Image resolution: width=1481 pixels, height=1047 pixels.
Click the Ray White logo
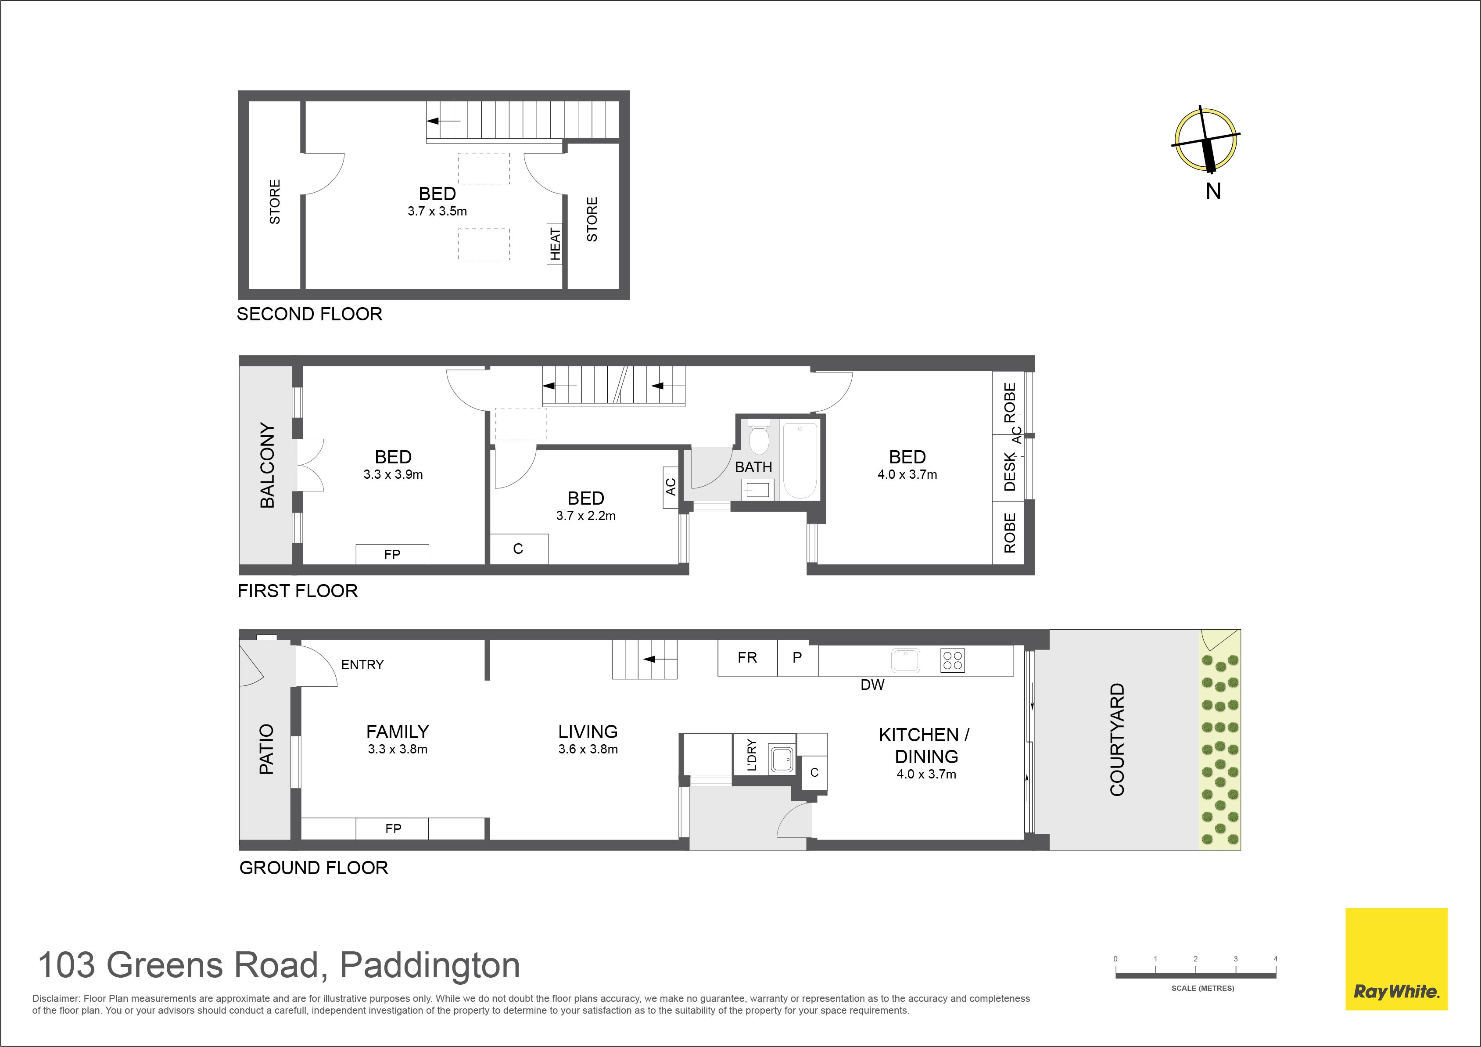click(x=1396, y=959)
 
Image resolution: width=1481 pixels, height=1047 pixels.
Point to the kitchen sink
click(x=906, y=660)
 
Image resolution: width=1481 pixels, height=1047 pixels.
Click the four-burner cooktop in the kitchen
click(x=953, y=660)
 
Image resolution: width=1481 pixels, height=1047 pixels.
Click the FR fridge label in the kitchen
click(x=748, y=657)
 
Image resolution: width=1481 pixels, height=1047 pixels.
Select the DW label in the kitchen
click(x=873, y=685)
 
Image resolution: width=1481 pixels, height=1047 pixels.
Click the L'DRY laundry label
click(x=751, y=755)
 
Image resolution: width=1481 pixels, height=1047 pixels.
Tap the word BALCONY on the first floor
click(x=267, y=465)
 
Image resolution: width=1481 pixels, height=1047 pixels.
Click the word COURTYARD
click(x=1117, y=739)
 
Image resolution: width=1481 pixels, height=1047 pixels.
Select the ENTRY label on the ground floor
click(x=362, y=664)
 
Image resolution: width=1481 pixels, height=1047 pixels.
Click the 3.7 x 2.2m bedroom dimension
click(x=586, y=516)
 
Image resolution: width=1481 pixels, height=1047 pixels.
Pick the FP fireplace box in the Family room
click(x=392, y=829)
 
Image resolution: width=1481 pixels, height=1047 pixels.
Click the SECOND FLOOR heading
click(x=310, y=314)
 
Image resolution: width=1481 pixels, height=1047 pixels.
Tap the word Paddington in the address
click(x=430, y=966)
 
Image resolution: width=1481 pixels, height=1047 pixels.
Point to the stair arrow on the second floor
click(x=444, y=121)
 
